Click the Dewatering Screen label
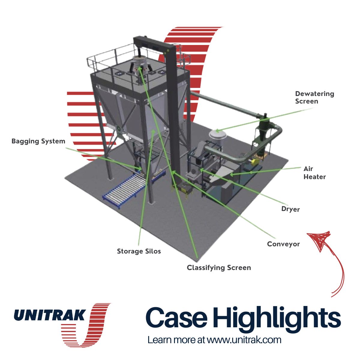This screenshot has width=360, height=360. coord(314,97)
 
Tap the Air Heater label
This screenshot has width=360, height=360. coord(314,173)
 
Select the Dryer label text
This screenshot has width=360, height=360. coord(290,209)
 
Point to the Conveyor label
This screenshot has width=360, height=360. coord(283,244)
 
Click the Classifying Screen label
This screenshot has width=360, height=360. coord(219,268)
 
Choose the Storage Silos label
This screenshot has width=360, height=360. coord(139,251)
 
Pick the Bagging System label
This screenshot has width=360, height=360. coord(38,141)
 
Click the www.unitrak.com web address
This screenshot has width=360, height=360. coord(244,340)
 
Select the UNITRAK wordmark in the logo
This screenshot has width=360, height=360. coord(50,315)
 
